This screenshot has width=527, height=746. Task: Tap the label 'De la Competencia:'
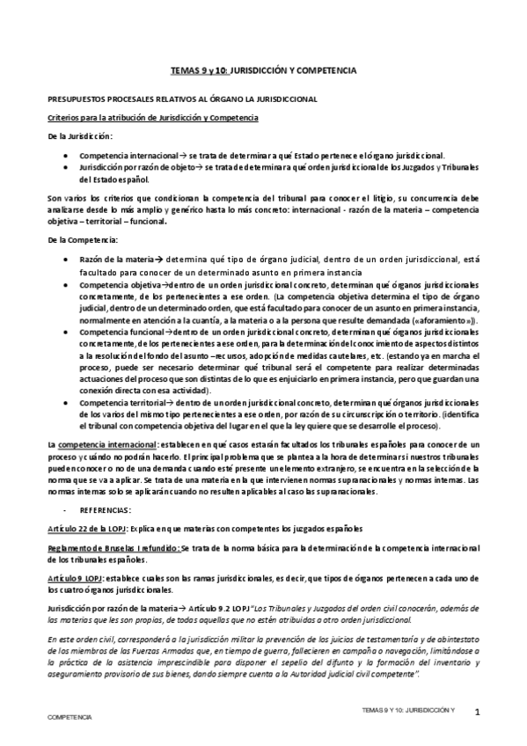click(80, 240)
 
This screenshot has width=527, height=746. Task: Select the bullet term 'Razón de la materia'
click(115, 260)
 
